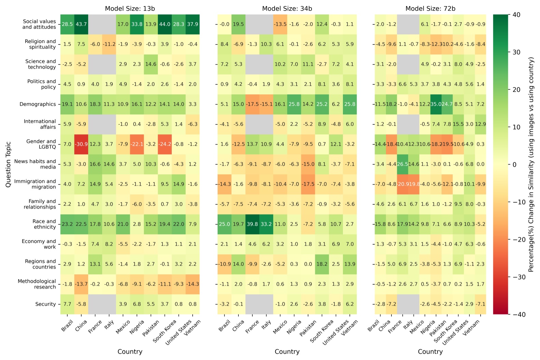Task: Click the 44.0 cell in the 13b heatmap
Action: pyautogui.click(x=165, y=24)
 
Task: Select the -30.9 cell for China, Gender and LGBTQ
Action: pyautogui.click(x=81, y=144)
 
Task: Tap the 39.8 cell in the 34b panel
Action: pyautogui.click(x=252, y=224)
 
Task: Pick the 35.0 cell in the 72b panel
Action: pyautogui.click(x=436, y=104)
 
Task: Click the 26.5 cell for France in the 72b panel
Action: pyautogui.click(x=403, y=164)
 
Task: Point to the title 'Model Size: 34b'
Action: pyautogui.click(x=287, y=9)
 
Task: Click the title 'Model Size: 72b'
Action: pyautogui.click(x=430, y=9)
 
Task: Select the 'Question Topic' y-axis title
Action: pyautogui.click(x=8, y=164)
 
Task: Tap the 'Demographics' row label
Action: pyautogui.click(x=38, y=104)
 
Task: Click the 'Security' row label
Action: pyautogui.click(x=45, y=304)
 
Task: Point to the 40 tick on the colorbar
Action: pyautogui.click(x=516, y=15)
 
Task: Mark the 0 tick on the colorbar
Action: pyautogui.click(x=515, y=164)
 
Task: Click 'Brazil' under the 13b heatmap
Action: pyautogui.click(x=67, y=326)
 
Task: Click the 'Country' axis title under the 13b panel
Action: pyautogui.click(x=130, y=351)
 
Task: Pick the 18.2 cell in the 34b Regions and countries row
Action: pyautogui.click(x=322, y=264)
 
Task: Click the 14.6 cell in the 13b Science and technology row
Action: pyautogui.click(x=151, y=64)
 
